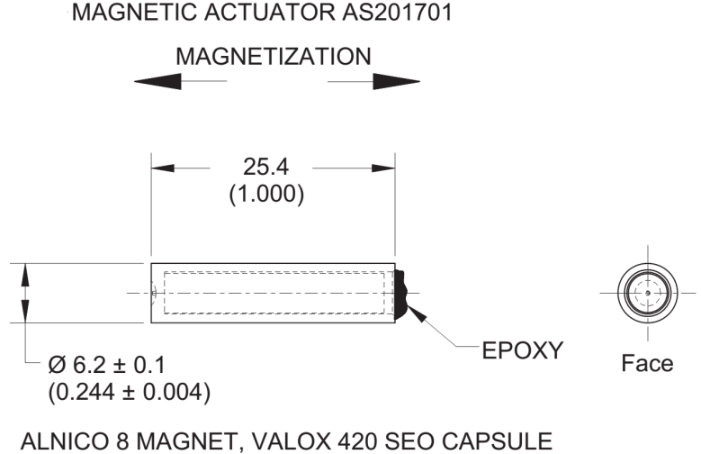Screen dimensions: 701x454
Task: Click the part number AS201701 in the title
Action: tap(397, 13)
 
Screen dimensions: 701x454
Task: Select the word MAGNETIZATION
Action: tap(274, 57)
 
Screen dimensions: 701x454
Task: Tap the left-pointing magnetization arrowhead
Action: tap(157, 81)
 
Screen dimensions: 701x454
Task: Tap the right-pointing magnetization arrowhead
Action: tap(397, 81)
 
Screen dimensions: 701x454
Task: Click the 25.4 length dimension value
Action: tap(266, 167)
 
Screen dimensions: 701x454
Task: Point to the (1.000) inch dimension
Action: tap(266, 194)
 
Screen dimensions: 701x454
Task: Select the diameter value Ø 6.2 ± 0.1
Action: tap(107, 365)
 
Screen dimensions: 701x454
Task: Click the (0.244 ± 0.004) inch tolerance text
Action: tap(130, 392)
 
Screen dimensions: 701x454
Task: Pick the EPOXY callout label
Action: tap(522, 350)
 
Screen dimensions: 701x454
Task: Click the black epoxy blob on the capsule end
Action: tap(400, 294)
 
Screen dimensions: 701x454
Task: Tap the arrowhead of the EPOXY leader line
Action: tap(416, 312)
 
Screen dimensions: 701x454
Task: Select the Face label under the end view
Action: tap(647, 363)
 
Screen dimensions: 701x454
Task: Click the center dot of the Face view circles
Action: tap(648, 293)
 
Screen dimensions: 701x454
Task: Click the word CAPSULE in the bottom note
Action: tap(497, 441)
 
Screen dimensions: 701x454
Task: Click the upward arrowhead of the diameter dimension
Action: tap(25, 275)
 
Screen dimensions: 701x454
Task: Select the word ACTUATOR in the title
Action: tap(270, 13)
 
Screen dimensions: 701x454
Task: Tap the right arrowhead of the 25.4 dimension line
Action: tap(383, 168)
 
